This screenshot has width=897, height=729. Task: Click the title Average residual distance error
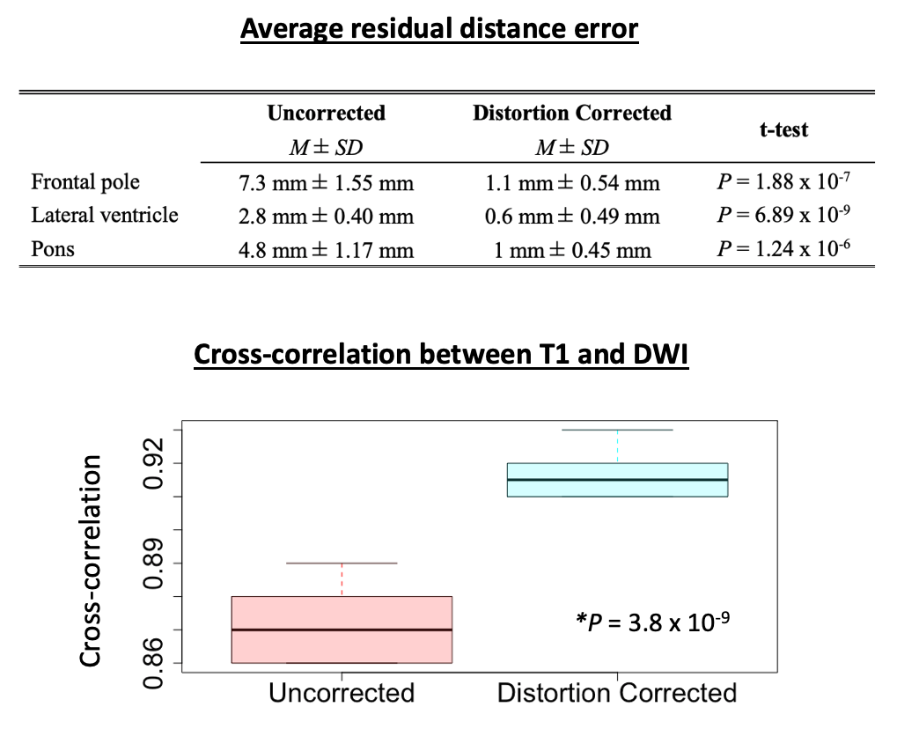tap(439, 29)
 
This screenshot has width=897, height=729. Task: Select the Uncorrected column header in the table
tap(326, 114)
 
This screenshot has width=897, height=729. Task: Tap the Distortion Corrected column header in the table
tap(571, 114)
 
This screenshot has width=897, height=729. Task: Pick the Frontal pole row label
tap(85, 182)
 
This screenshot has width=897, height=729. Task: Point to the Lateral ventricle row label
tap(105, 216)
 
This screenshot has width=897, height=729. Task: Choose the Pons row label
tap(53, 249)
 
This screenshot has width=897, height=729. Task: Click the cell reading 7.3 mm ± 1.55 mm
tap(326, 183)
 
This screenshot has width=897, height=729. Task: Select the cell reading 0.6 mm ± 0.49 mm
tap(571, 217)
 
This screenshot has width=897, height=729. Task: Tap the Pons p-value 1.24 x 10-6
tap(783, 249)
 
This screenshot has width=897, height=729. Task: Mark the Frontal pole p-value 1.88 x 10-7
tap(783, 182)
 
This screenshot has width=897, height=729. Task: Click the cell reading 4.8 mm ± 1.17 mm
tap(326, 250)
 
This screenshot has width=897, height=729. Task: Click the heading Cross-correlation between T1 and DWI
tap(440, 354)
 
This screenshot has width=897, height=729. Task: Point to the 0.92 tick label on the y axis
tap(155, 463)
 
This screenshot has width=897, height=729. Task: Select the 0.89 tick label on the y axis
tap(155, 563)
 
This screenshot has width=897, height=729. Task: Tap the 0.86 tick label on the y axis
tap(155, 663)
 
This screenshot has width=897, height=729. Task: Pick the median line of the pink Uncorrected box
tap(342, 630)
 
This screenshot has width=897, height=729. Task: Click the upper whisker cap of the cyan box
tap(617, 430)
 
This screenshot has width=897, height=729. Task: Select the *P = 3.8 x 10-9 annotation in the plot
tap(654, 622)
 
